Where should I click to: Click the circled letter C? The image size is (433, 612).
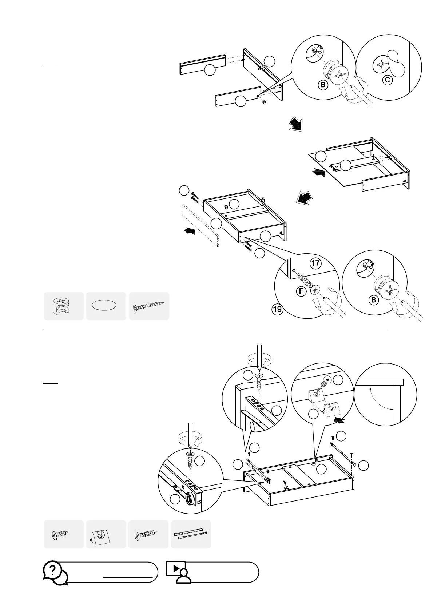(x=388, y=80)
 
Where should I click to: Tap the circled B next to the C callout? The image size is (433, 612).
(x=322, y=85)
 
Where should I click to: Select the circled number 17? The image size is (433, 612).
(x=315, y=263)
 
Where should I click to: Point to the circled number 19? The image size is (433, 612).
(x=277, y=310)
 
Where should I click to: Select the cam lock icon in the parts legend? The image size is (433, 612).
(x=63, y=306)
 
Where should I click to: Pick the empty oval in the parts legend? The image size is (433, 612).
(x=106, y=306)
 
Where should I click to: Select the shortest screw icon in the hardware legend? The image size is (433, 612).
(x=61, y=535)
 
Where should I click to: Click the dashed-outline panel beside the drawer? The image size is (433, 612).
(x=200, y=225)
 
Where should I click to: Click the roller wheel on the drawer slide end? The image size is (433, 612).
(x=189, y=499)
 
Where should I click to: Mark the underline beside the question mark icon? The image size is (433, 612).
(x=128, y=577)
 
